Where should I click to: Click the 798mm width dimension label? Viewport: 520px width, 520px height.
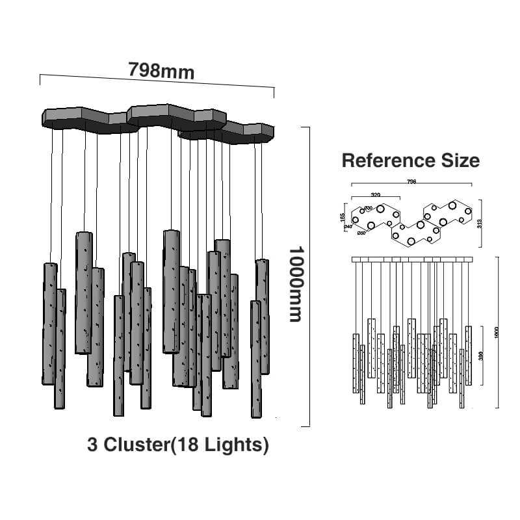point(161,70)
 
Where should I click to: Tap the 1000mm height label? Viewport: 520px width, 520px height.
point(296,283)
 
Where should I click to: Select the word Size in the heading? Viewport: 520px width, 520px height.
point(459,161)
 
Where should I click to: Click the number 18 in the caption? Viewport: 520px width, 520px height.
point(192,445)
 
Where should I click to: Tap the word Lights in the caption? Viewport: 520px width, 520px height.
point(235,445)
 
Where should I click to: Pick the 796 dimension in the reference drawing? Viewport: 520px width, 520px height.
point(411,182)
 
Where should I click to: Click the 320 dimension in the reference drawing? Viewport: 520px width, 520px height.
point(375,194)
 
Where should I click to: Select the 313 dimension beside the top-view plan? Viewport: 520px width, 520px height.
point(479,224)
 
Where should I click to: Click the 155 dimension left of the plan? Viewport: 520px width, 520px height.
point(343,216)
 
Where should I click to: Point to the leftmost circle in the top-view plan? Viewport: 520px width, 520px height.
point(356,219)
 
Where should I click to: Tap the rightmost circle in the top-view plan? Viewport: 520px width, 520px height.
point(467,211)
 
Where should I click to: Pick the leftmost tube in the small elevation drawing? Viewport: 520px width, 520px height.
point(356,363)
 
